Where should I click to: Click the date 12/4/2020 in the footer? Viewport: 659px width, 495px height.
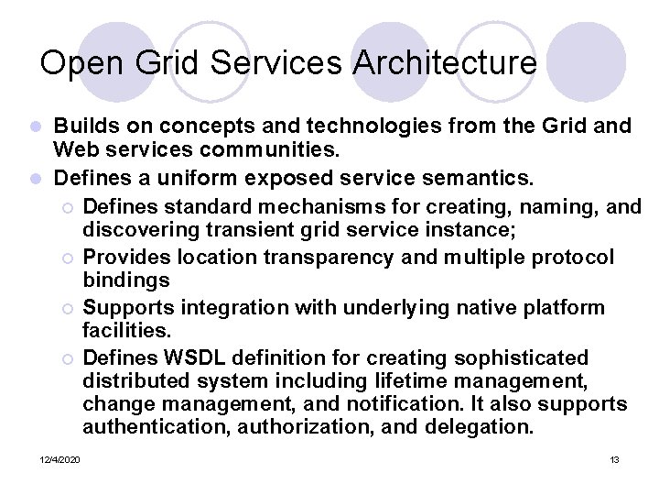click(x=59, y=458)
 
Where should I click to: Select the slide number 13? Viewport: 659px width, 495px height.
click(x=614, y=458)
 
